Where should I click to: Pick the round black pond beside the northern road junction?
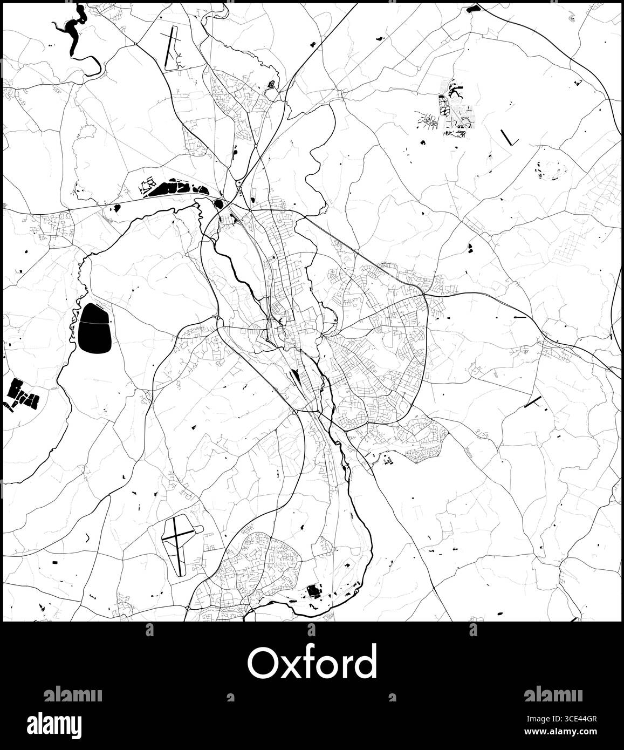coord(219,204)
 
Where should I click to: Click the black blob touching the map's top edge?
coord(474,8)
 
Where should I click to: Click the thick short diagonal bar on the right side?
coord(532,402)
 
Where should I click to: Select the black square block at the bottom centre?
coord(312,591)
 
